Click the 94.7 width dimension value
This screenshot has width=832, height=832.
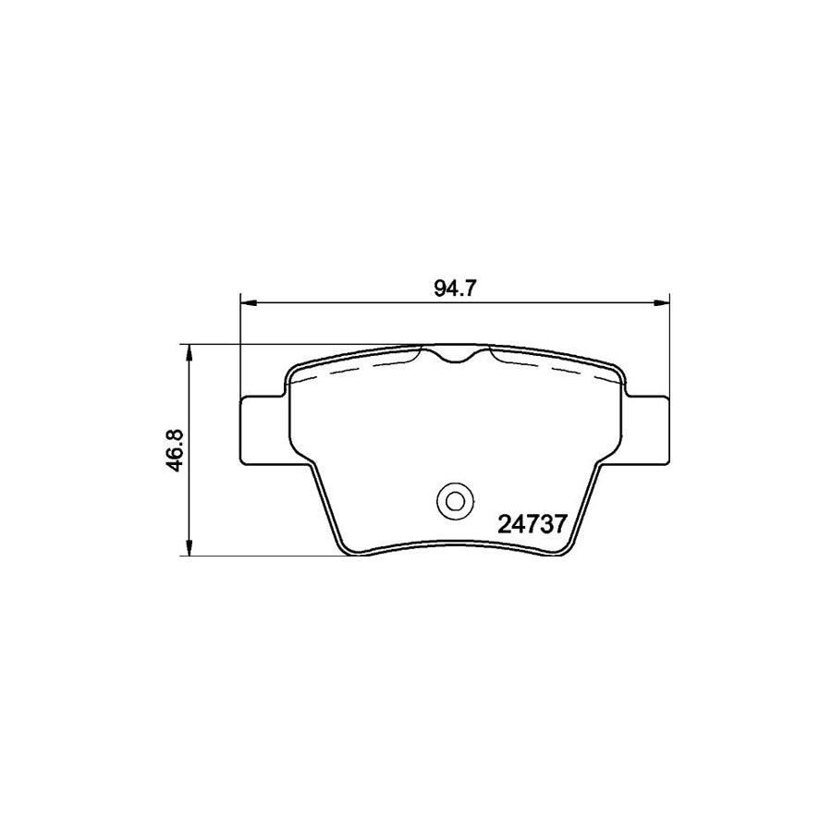[x=454, y=288]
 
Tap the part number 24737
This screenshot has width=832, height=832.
[x=532, y=525]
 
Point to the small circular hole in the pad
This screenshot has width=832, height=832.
[x=454, y=501]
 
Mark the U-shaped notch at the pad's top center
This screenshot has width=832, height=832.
[x=454, y=356]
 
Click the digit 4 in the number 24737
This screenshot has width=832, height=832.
[x=516, y=525]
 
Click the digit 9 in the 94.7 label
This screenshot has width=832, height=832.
[x=439, y=288]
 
